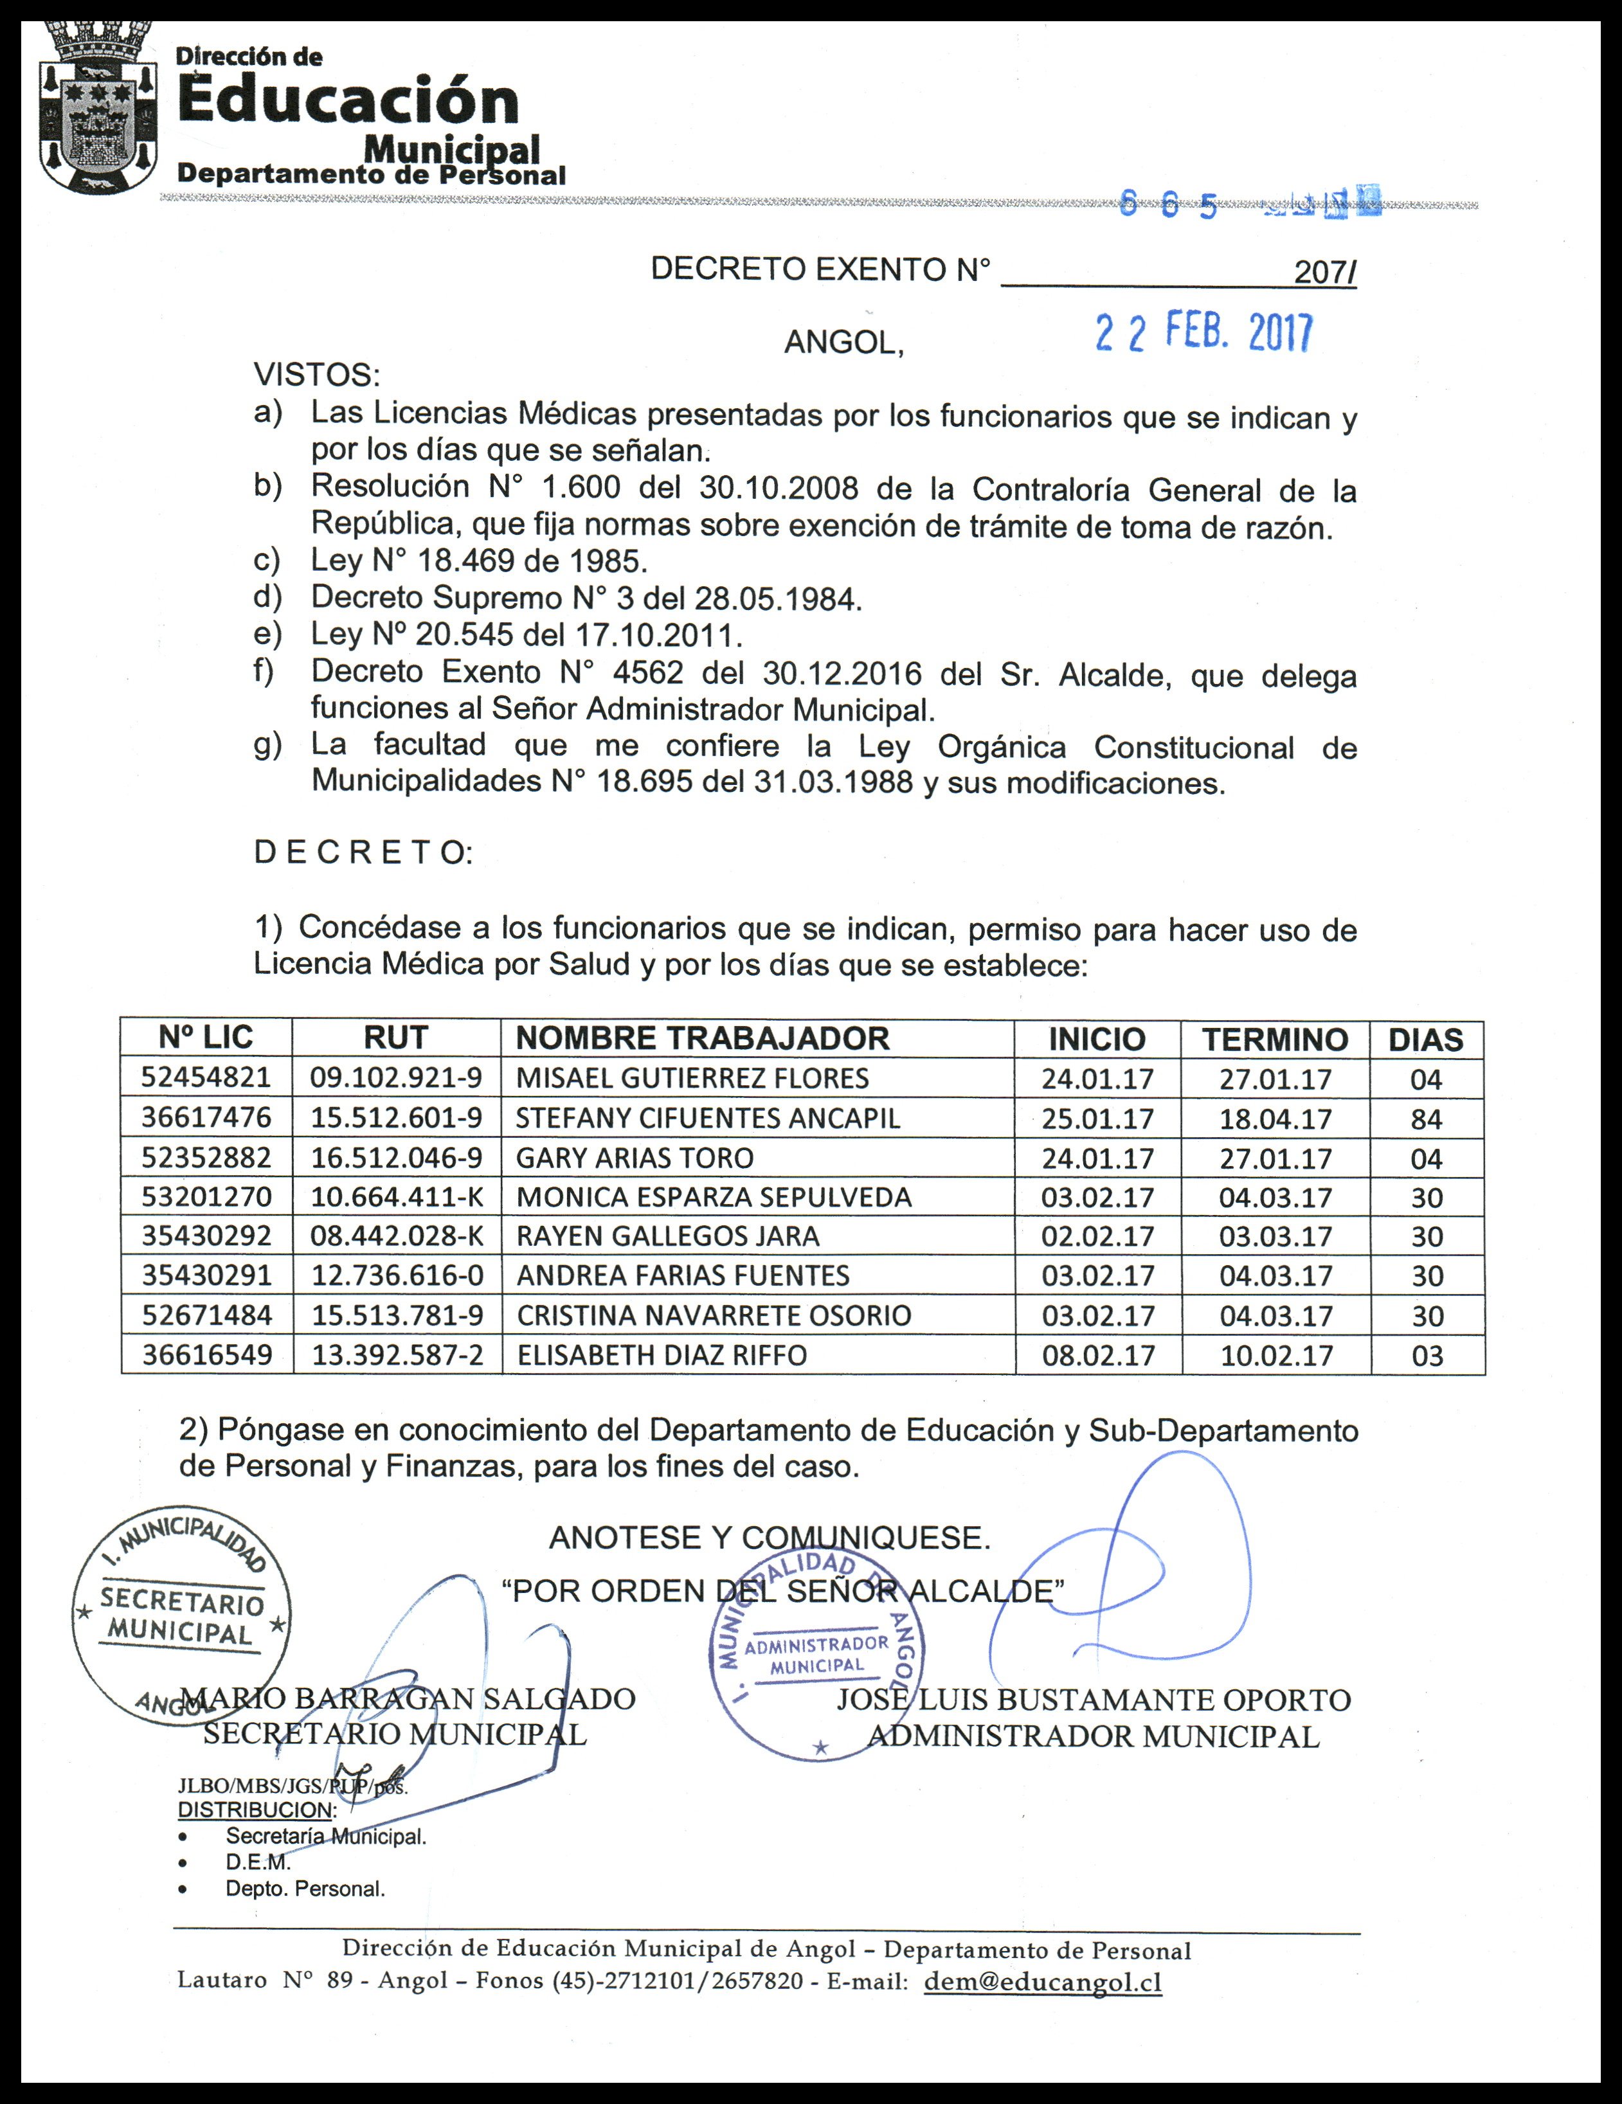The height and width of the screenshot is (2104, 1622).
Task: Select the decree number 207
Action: [1324, 273]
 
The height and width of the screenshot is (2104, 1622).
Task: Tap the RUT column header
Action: [396, 1038]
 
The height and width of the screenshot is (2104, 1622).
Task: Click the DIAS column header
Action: [1425, 1039]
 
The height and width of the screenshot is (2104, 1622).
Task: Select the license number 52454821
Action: [206, 1077]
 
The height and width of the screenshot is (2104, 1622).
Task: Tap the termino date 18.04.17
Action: [1275, 1119]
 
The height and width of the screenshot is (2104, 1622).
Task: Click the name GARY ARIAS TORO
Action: [635, 1157]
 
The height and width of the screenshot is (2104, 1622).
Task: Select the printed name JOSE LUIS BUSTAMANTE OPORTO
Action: [1093, 1700]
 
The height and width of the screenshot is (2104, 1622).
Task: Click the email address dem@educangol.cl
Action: [1042, 1982]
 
